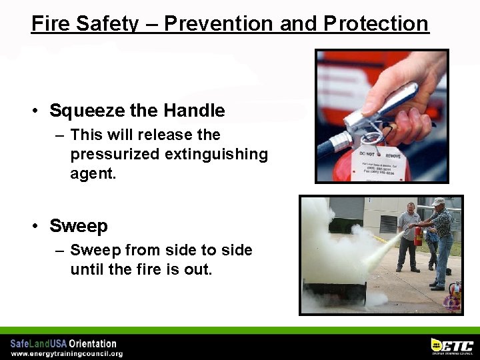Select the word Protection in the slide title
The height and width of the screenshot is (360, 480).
tap(376, 23)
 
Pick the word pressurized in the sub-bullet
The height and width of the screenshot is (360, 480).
tap(114, 154)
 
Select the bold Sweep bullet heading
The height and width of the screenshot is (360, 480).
tap(79, 226)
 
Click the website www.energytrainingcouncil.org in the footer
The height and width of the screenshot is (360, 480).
tap(67, 353)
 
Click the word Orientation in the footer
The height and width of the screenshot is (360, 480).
tap(93, 344)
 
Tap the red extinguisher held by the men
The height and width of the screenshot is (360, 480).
tap(418, 234)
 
